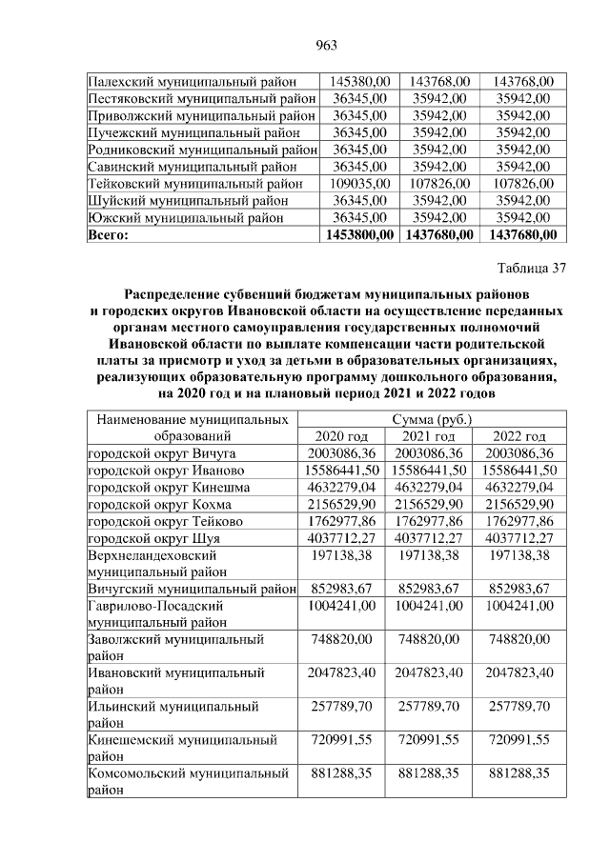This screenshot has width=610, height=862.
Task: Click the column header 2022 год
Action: click(519, 436)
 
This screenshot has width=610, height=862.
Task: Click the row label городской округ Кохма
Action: click(159, 505)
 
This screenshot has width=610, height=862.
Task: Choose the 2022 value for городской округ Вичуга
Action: click(519, 453)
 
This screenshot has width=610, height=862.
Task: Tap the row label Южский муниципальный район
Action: click(185, 218)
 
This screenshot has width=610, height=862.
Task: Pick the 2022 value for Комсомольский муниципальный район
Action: click(519, 773)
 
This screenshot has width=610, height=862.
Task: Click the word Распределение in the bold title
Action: click(181, 292)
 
